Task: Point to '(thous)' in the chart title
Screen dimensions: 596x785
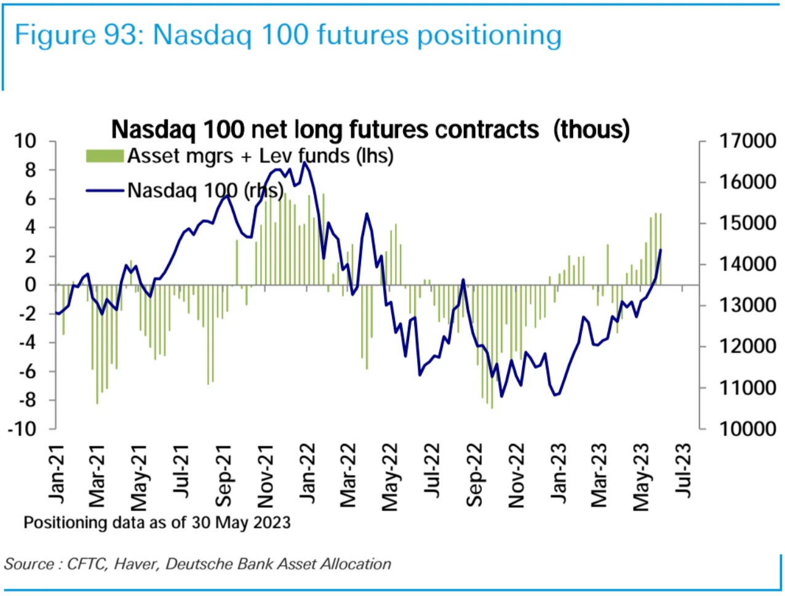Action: [591, 129]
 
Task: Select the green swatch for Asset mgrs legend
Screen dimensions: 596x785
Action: [105, 155]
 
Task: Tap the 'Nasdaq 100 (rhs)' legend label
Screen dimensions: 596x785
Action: [205, 191]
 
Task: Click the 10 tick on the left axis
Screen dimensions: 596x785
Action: [25, 141]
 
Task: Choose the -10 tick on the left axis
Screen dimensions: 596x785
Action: [22, 429]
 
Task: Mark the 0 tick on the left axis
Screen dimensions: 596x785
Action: [31, 285]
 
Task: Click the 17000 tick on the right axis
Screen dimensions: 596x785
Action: [747, 141]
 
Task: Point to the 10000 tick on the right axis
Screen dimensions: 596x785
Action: [747, 429]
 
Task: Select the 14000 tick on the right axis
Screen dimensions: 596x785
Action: [747, 264]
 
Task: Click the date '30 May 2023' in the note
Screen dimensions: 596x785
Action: [245, 523]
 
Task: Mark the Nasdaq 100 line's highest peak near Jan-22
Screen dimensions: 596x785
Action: [304, 163]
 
